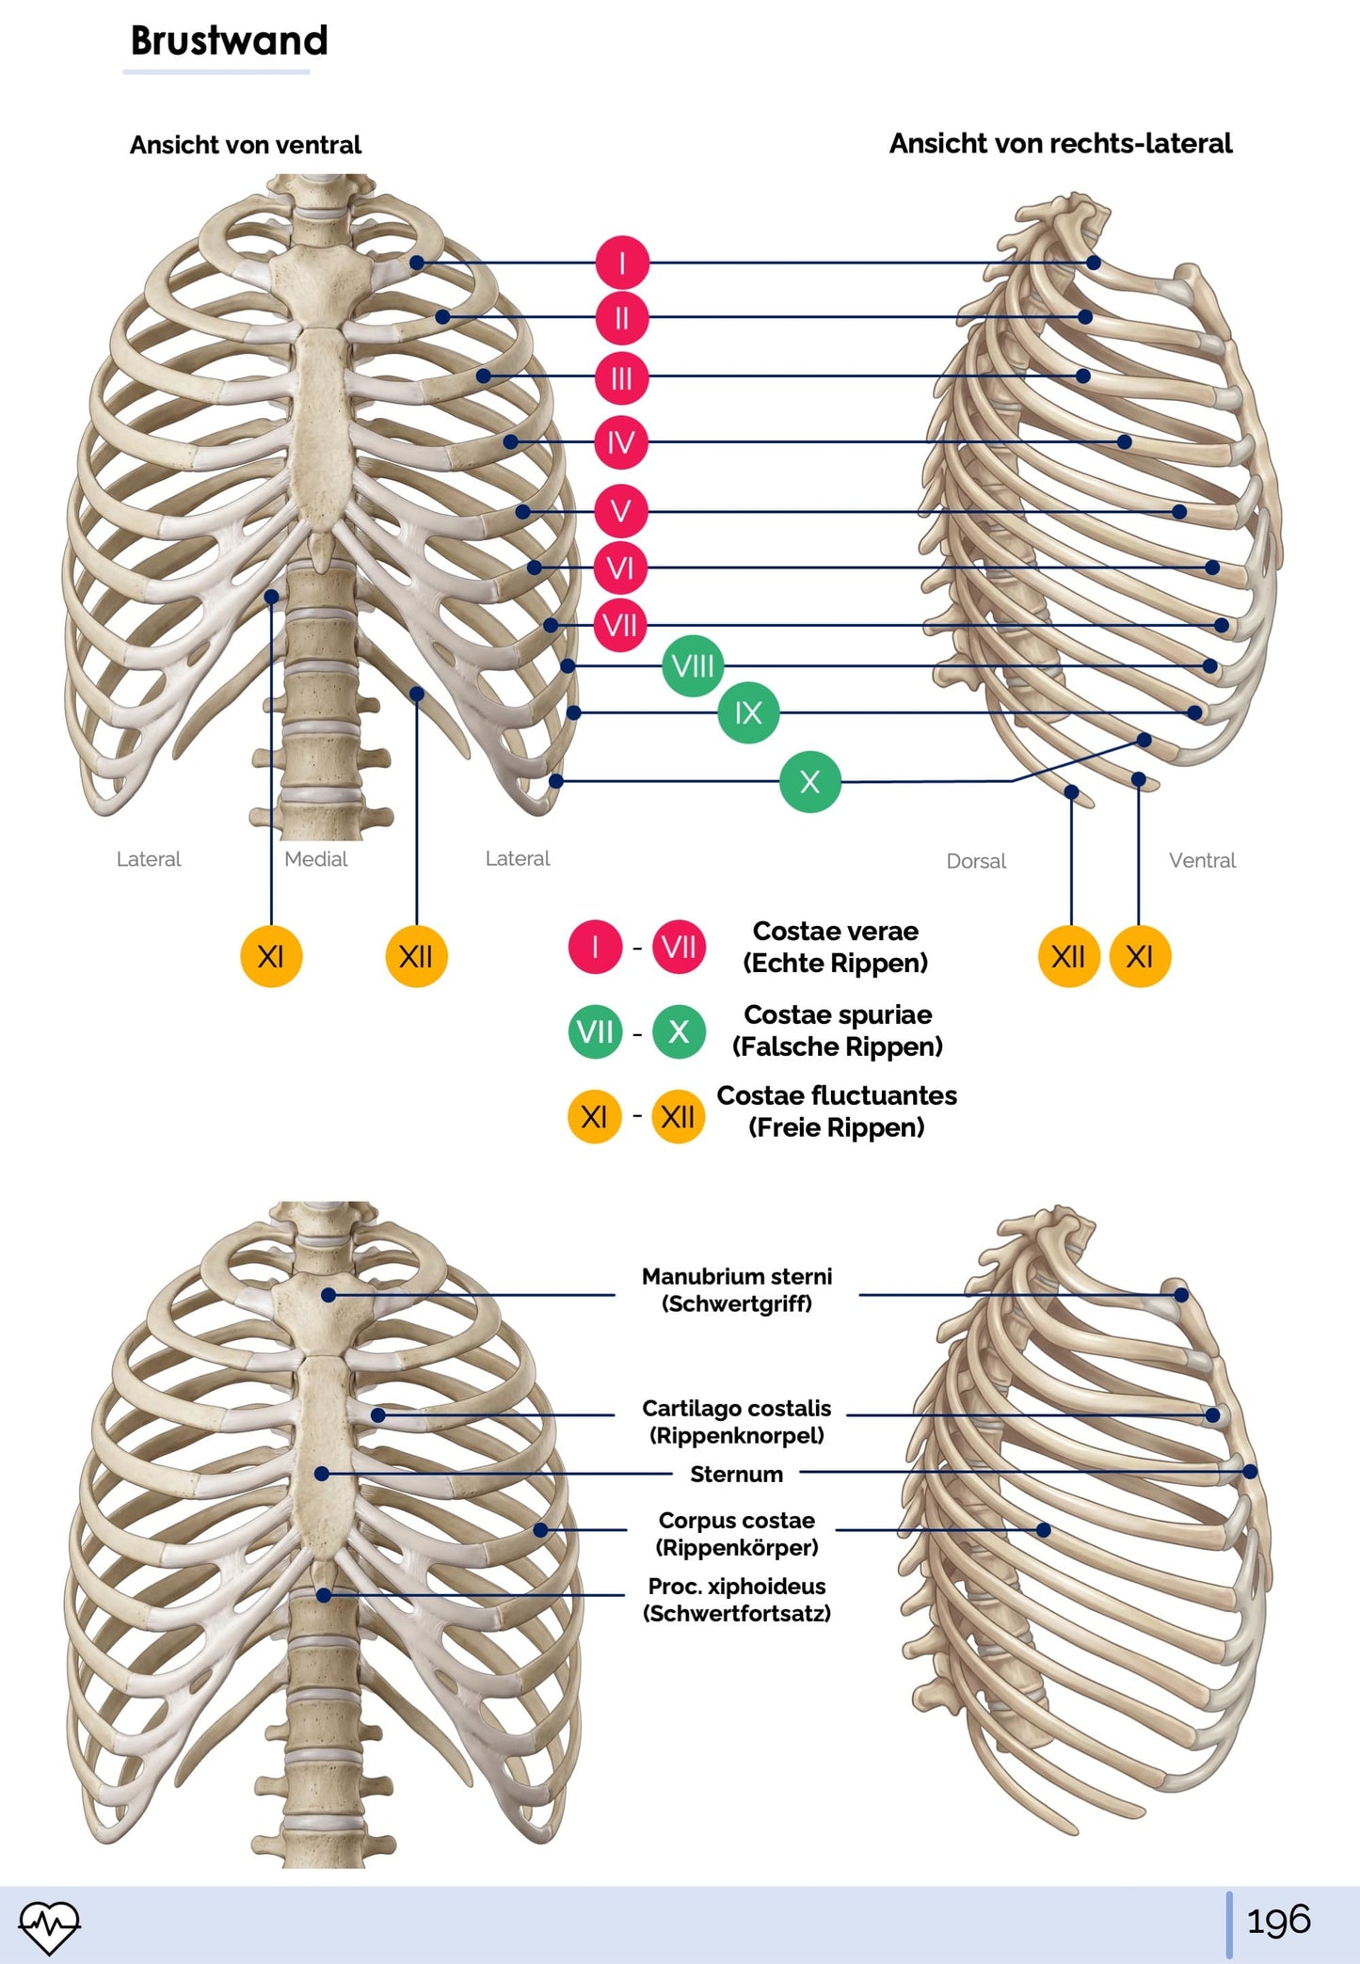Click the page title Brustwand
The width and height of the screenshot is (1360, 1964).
click(229, 40)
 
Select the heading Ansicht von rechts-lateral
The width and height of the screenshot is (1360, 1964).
click(1060, 143)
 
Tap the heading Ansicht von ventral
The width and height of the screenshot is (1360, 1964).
click(245, 145)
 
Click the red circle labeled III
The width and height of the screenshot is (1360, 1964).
click(621, 378)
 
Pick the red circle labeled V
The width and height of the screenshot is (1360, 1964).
click(621, 511)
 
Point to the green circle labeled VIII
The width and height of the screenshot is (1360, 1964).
click(693, 666)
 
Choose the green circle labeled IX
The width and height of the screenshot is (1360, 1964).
click(748, 712)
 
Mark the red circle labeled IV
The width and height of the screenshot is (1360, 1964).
click(621, 441)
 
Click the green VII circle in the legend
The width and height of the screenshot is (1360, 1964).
click(595, 1032)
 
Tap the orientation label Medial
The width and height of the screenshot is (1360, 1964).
click(315, 859)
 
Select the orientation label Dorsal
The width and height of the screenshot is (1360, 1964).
click(976, 861)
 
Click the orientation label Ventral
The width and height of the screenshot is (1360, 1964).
click(1202, 860)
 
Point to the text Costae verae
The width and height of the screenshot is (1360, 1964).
click(835, 932)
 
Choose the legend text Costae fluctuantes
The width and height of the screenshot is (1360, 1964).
click(837, 1095)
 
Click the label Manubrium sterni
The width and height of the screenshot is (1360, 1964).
click(737, 1277)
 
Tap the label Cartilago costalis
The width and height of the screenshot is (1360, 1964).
click(737, 1409)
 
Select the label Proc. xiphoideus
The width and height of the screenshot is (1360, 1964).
click(737, 1587)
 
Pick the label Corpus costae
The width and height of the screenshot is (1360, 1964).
click(737, 1521)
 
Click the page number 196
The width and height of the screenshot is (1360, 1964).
click(1278, 1921)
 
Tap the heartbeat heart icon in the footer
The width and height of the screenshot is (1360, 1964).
click(49, 1925)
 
